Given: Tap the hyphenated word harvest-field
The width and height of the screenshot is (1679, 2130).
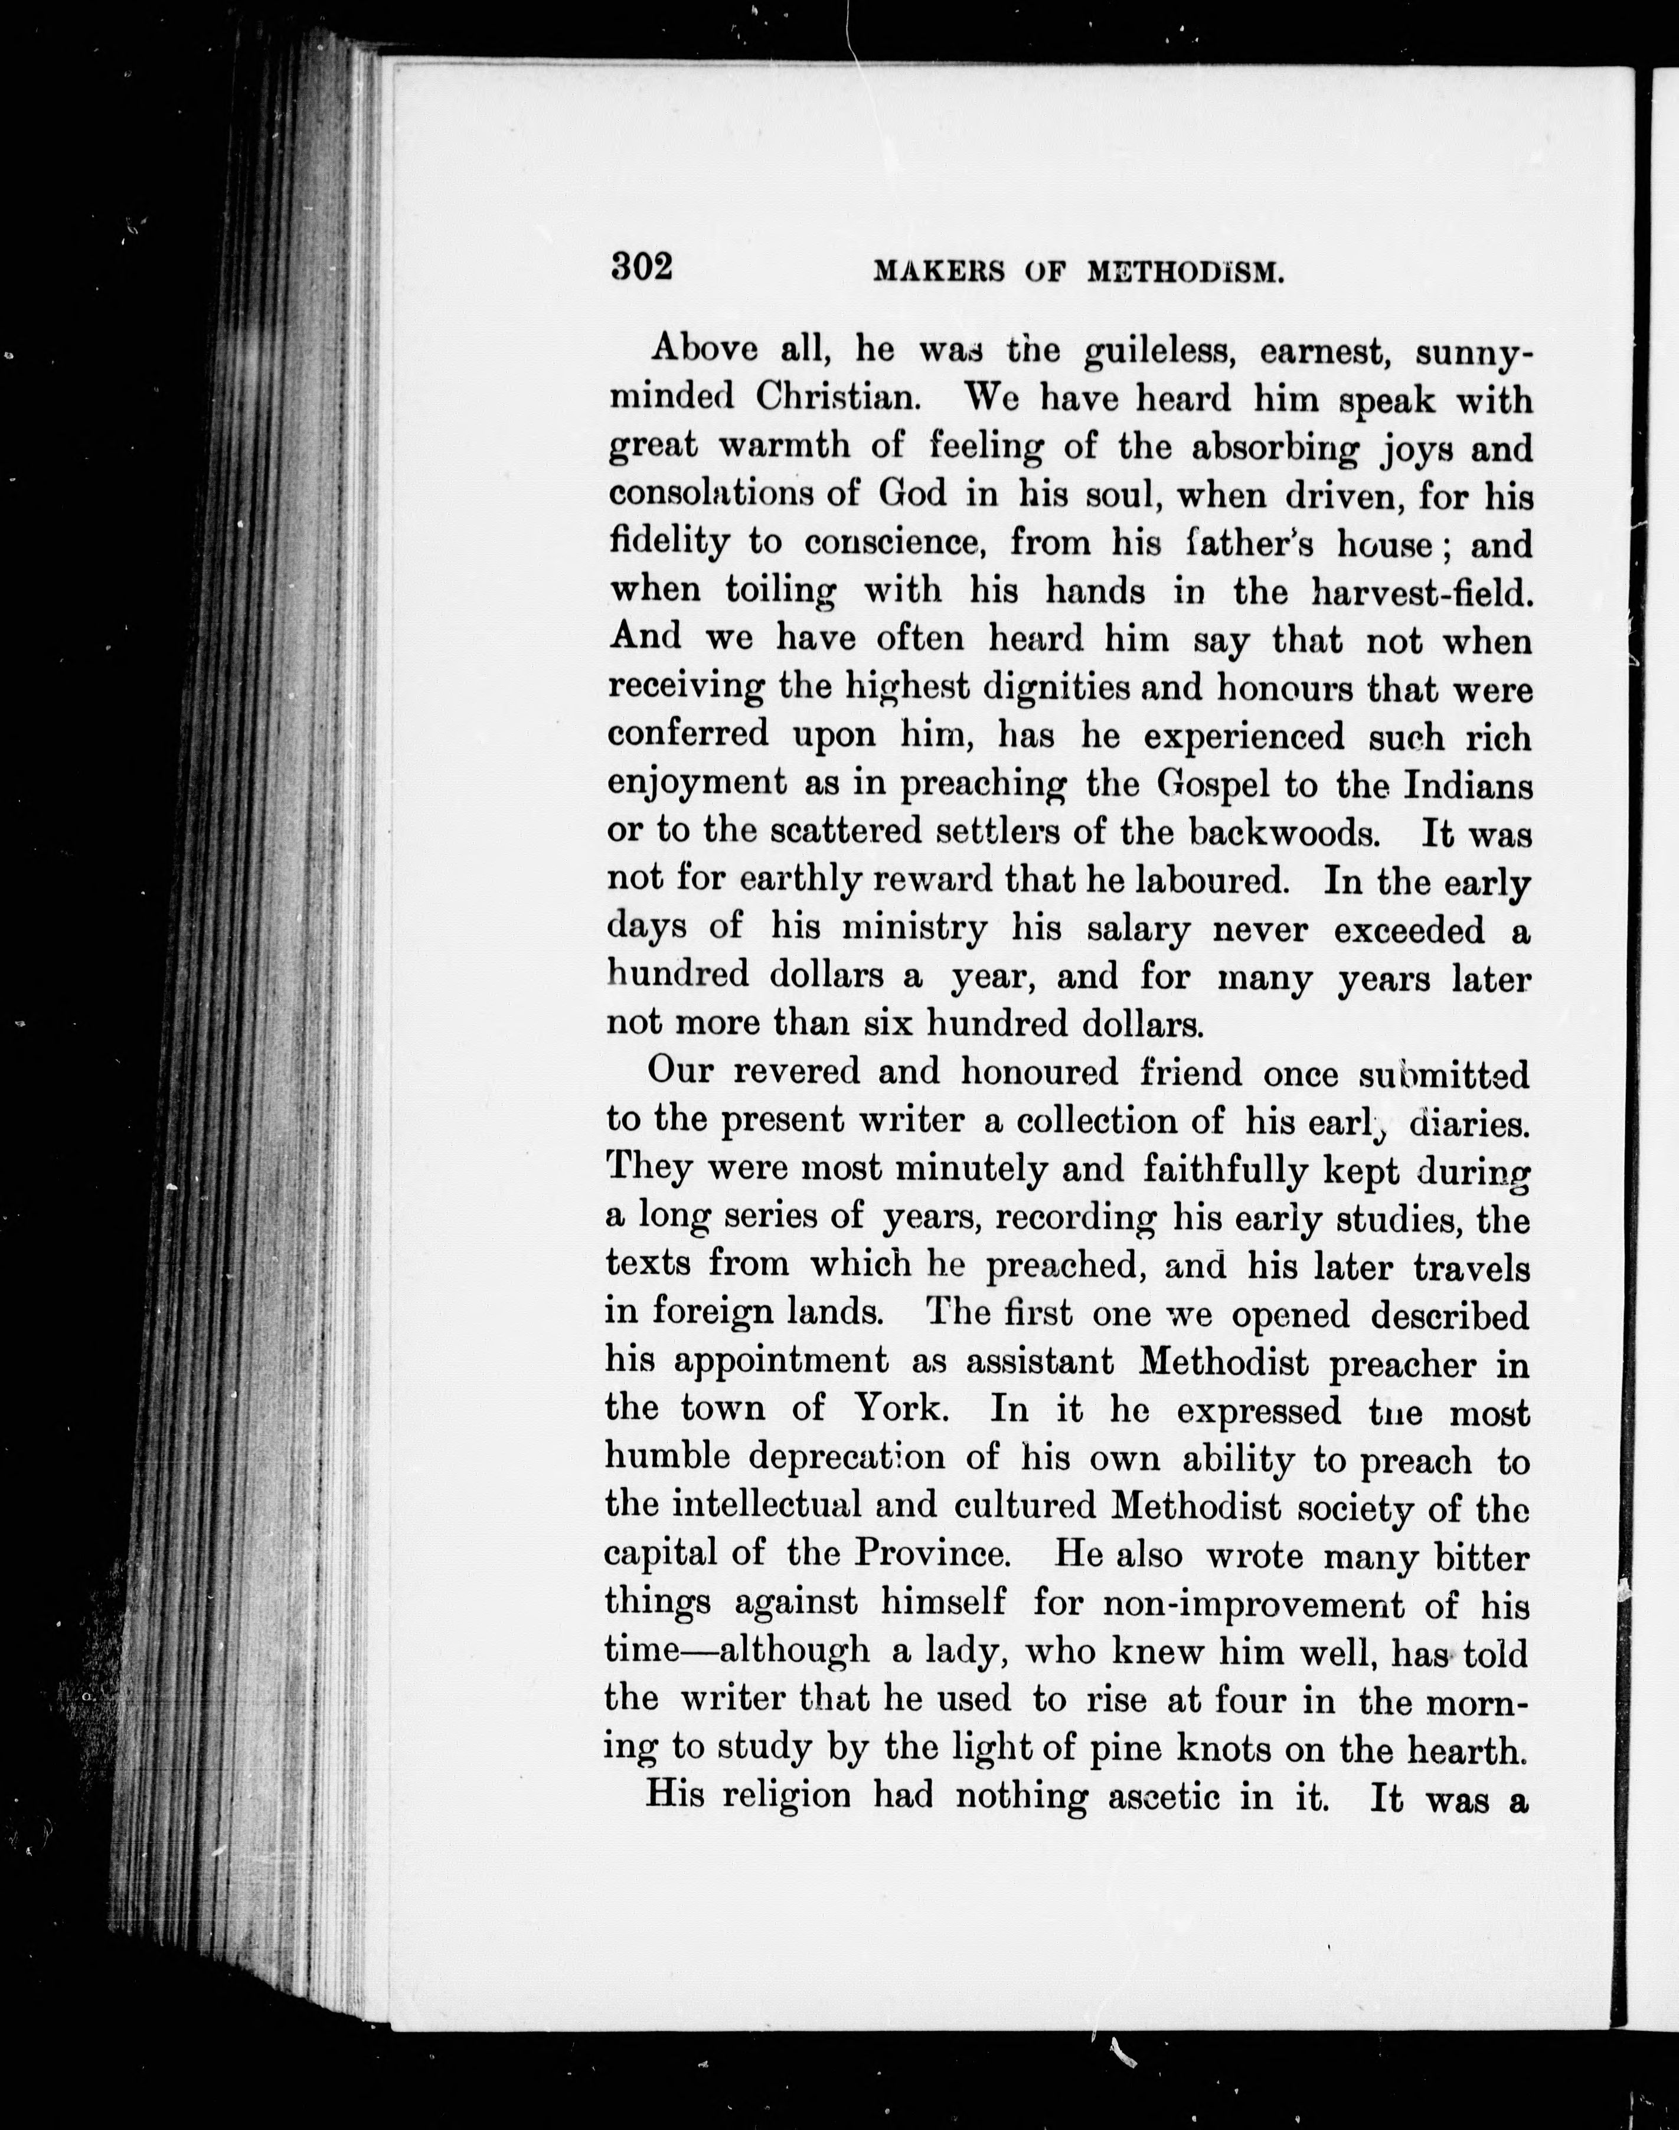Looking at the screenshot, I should (x=1422, y=592).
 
